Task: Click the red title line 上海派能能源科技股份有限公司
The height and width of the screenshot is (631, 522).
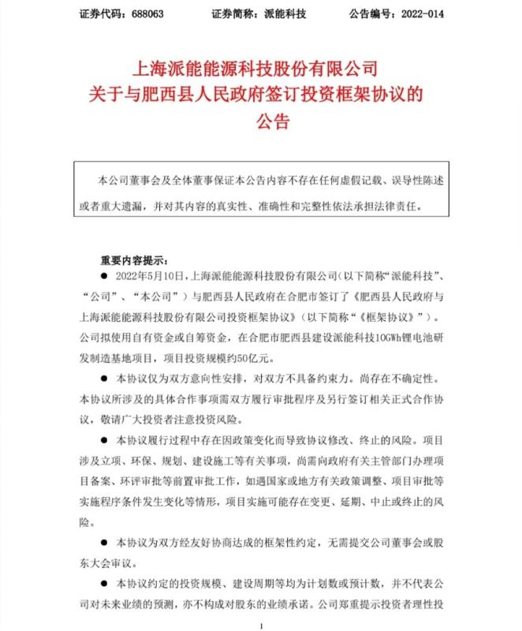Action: (259, 69)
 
